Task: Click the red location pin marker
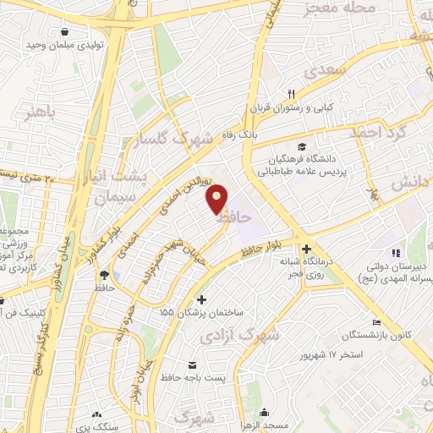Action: pyautogui.click(x=218, y=200)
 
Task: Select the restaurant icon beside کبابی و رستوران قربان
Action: pyautogui.click(x=292, y=94)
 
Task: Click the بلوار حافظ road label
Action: pyautogui.click(x=260, y=248)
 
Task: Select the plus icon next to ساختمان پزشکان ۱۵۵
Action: pyautogui.click(x=201, y=299)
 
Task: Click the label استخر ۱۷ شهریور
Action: pyautogui.click(x=324, y=354)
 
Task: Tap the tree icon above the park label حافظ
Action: pyautogui.click(x=103, y=274)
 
